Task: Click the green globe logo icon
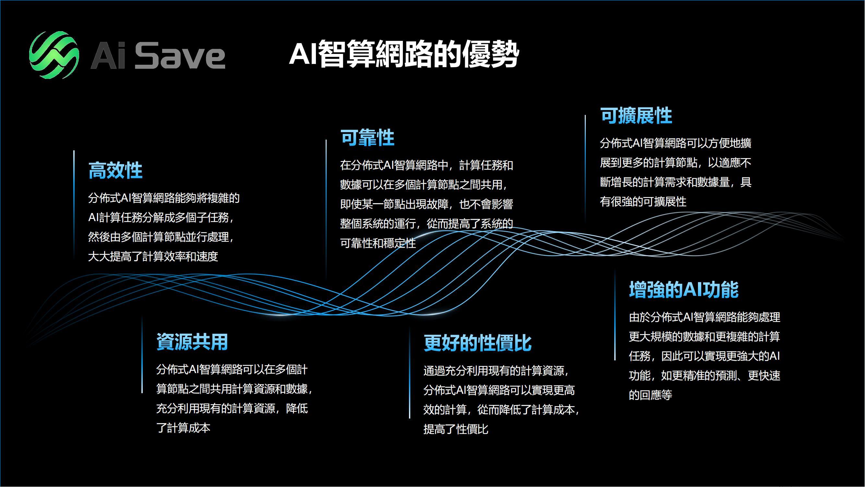(54, 55)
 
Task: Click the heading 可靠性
(367, 137)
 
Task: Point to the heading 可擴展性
(636, 116)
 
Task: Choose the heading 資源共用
(192, 342)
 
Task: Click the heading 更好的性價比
(477, 343)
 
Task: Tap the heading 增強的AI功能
(684, 289)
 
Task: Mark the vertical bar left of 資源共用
(142, 355)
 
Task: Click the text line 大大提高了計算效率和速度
(153, 257)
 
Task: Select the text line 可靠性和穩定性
(378, 243)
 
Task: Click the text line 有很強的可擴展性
(643, 202)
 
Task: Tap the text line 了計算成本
(183, 428)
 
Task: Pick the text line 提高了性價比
(456, 429)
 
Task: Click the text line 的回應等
(650, 395)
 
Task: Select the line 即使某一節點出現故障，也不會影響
(426, 204)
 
